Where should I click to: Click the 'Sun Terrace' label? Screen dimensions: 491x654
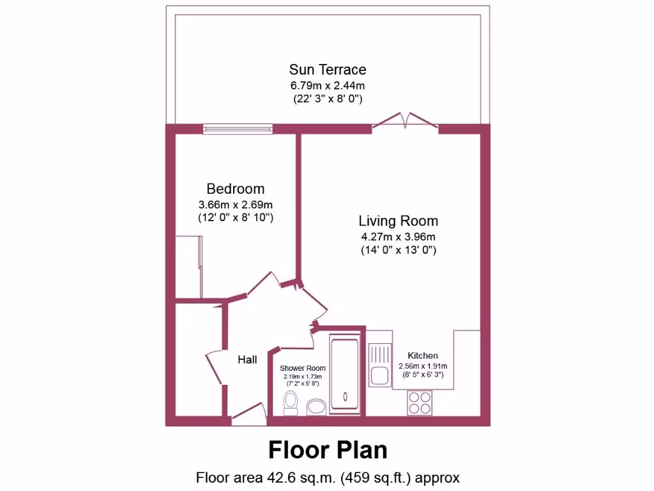click(x=327, y=69)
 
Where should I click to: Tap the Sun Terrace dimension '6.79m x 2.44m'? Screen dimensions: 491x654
click(x=327, y=85)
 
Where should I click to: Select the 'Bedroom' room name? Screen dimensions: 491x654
click(x=235, y=189)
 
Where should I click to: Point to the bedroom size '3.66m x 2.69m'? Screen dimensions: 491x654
click(x=235, y=205)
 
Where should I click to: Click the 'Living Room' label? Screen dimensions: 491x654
click(x=398, y=221)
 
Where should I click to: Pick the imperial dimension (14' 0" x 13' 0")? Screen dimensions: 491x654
click(x=398, y=251)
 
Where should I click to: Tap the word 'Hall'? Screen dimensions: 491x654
click(x=247, y=360)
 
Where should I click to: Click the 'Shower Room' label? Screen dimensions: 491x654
click(x=303, y=368)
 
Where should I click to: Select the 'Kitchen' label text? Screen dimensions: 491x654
click(x=423, y=355)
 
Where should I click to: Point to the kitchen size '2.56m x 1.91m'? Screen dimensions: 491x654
click(x=423, y=366)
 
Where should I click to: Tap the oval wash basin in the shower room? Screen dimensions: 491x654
click(x=316, y=407)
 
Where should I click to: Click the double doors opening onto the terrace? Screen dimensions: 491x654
click(x=405, y=123)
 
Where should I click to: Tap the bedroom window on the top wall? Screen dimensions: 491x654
click(x=238, y=129)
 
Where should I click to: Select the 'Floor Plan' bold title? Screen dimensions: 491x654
click(x=327, y=449)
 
